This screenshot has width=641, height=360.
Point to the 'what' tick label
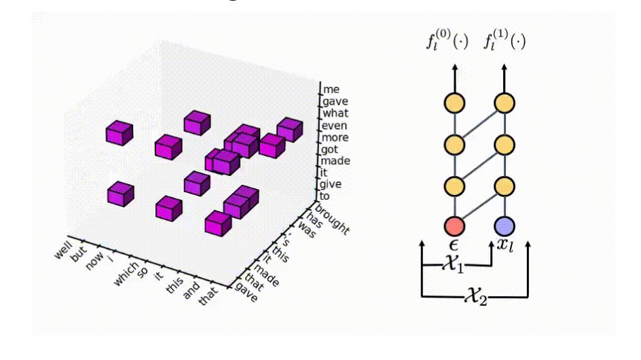(336, 113)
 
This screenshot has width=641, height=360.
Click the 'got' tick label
(331, 149)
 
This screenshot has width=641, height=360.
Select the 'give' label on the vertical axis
(331, 184)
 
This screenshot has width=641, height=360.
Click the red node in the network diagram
(453, 226)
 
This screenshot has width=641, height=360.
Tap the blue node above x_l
(504, 226)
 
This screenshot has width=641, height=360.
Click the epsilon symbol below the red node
(453, 244)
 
